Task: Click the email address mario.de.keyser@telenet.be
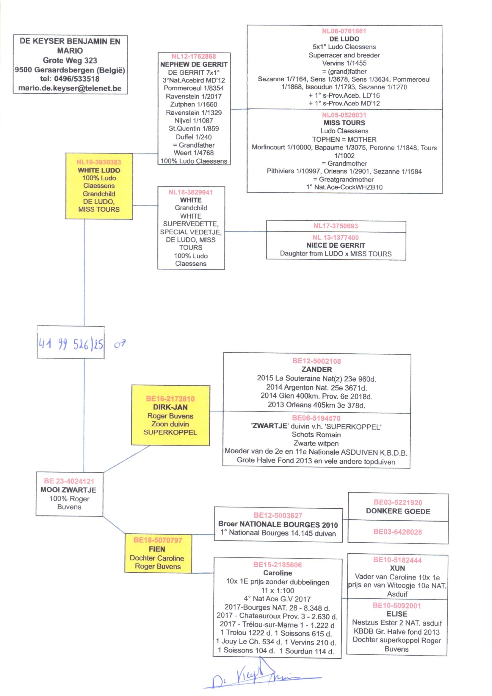pyautogui.click(x=70, y=88)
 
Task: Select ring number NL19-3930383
pyautogui.click(x=99, y=162)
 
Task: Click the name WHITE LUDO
pyautogui.click(x=99, y=170)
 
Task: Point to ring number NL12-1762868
pyautogui.click(x=194, y=56)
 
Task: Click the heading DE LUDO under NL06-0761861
pyautogui.click(x=344, y=39)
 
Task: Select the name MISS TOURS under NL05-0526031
pyautogui.click(x=344, y=123)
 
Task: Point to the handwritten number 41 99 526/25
pyautogui.click(x=71, y=344)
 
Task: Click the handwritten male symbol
pyautogui.click(x=120, y=344)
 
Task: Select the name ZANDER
pyautogui.click(x=316, y=369)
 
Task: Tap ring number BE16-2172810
pyautogui.click(x=170, y=398)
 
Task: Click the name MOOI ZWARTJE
pyautogui.click(x=68, y=490)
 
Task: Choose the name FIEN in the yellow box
pyautogui.click(x=157, y=549)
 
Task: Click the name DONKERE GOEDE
pyautogui.click(x=398, y=511)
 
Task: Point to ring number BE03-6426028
pyautogui.click(x=397, y=532)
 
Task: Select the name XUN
pyautogui.click(x=397, y=568)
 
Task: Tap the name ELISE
pyautogui.click(x=397, y=614)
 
